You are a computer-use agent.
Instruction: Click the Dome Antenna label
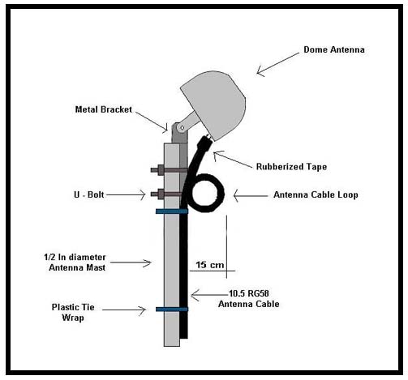(x=334, y=49)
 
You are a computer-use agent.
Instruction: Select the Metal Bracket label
(x=104, y=109)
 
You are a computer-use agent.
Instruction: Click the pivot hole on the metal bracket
(x=182, y=127)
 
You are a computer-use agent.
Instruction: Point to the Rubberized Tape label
(x=291, y=167)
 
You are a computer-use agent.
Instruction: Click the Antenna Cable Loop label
(x=316, y=194)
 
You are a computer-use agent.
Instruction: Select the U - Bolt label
(x=89, y=194)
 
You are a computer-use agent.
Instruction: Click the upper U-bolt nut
(x=160, y=170)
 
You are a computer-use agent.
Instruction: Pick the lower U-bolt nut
(x=160, y=194)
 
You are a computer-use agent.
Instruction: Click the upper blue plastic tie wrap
(x=172, y=211)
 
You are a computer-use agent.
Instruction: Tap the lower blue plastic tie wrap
(x=172, y=310)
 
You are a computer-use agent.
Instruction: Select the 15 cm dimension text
(x=210, y=265)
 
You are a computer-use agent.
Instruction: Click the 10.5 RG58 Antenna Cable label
(x=249, y=299)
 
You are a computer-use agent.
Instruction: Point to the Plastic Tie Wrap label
(x=73, y=313)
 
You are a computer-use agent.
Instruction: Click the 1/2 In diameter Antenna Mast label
(x=75, y=263)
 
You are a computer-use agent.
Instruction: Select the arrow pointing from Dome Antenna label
(x=278, y=64)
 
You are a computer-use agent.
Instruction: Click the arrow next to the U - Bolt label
(x=126, y=194)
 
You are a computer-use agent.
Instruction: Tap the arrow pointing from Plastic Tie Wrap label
(x=124, y=310)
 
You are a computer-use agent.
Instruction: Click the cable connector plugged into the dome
(x=204, y=142)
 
